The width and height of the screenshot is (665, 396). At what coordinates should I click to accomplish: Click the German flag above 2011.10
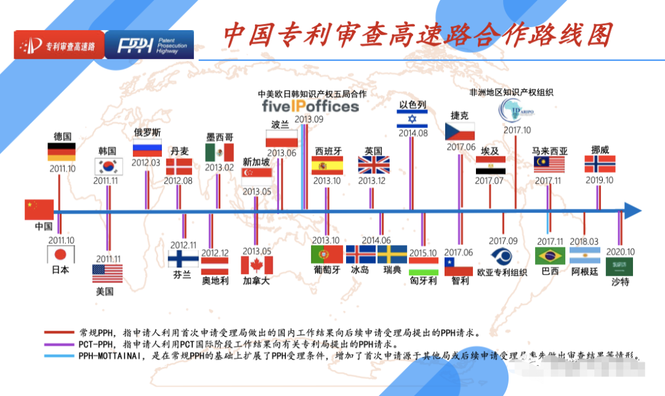click(x=62, y=152)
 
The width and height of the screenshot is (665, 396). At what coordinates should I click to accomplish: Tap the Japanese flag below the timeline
click(x=60, y=254)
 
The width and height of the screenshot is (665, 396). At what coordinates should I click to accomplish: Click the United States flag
click(x=107, y=273)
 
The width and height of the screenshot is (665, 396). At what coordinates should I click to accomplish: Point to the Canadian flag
click(x=256, y=265)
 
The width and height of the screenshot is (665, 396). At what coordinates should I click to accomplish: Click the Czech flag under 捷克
click(x=460, y=131)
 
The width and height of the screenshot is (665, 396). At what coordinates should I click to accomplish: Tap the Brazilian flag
click(x=550, y=256)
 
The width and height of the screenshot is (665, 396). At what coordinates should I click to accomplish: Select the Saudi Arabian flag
click(x=619, y=267)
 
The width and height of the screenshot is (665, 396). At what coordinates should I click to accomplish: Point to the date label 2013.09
click(x=308, y=119)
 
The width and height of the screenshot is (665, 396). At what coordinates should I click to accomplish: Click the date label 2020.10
click(x=619, y=251)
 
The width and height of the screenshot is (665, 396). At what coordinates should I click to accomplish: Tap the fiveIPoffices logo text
click(x=310, y=106)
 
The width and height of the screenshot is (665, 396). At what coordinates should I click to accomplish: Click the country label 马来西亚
click(x=550, y=151)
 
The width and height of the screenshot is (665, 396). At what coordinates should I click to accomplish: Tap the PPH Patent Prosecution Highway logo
click(x=149, y=45)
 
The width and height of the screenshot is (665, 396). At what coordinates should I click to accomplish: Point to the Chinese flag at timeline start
click(x=39, y=209)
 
